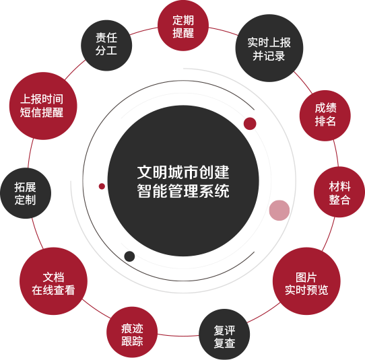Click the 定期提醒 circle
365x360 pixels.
(183, 26)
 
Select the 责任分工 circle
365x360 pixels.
(106, 45)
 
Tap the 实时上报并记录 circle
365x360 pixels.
(269, 48)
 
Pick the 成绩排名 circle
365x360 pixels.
(325, 116)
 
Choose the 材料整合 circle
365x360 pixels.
(339, 192)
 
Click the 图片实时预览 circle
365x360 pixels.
(306, 281)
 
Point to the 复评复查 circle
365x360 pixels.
(224, 334)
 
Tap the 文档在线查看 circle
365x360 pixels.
(53, 281)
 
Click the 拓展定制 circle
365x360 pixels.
(26, 193)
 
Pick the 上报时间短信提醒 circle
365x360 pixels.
(43, 106)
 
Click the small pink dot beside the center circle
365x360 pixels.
(279, 210)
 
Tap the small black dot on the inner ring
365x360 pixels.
(129, 256)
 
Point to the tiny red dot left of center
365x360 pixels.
(102, 186)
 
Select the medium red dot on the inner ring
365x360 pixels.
(250, 124)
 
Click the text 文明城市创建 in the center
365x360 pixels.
(183, 172)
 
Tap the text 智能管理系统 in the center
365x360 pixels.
(183, 191)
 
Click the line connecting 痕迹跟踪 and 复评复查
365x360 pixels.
(178, 336)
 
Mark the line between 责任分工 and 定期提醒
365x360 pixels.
(143, 31)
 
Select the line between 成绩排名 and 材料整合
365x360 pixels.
(335, 153)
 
